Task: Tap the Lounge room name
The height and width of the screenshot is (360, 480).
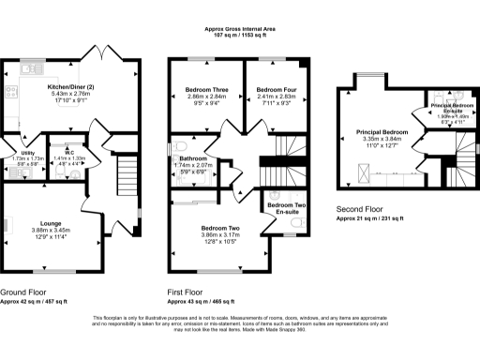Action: click(x=24, y=223)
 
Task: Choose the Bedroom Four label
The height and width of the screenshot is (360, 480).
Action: click(x=276, y=89)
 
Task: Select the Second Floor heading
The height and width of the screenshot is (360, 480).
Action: click(x=357, y=210)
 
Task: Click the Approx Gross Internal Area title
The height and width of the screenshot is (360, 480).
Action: click(x=240, y=30)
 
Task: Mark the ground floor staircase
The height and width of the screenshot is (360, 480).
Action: click(x=120, y=172)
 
